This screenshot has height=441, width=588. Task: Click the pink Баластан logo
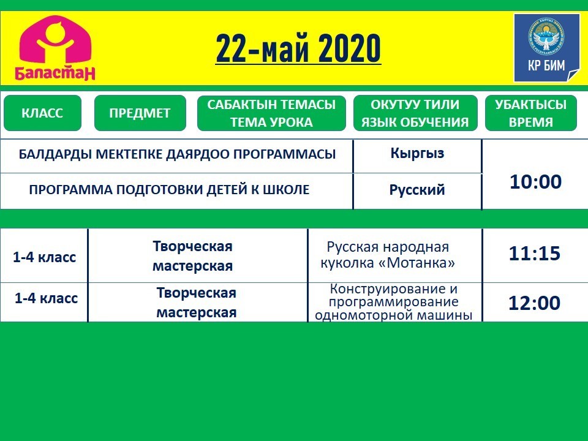55,47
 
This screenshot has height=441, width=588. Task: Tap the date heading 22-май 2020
298,48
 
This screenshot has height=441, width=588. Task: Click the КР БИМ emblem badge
547,48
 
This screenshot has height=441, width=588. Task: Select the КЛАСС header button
42,113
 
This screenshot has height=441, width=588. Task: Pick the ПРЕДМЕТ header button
140,113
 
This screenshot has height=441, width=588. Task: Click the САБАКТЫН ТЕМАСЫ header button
271,113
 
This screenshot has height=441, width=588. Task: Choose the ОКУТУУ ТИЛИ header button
415,113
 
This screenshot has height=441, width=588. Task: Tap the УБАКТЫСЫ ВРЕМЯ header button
530,113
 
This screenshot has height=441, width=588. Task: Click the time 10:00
535,181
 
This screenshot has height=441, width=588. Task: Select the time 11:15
534,254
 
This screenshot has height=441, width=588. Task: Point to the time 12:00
534,303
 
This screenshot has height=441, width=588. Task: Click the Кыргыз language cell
417,153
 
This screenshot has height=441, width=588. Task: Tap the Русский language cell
417,189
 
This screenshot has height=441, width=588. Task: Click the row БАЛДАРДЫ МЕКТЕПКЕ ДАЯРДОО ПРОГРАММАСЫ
177,154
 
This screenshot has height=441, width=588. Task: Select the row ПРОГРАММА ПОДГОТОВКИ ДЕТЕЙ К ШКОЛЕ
169,189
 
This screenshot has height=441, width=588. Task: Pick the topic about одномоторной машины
393,302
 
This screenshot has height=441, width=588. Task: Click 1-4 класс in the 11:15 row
44,257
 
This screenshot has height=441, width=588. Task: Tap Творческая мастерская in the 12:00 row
196,302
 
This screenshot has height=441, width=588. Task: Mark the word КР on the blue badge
534,66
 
